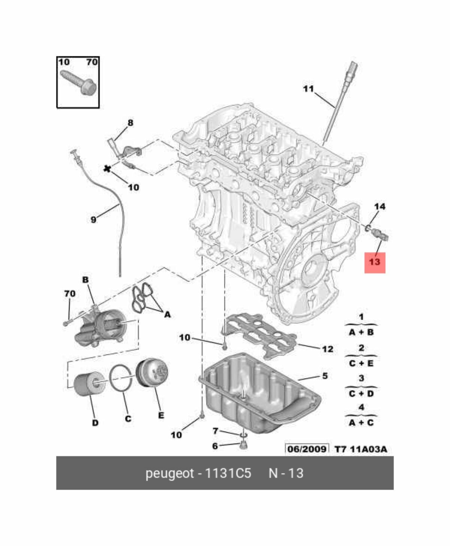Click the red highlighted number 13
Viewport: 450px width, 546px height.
tap(375, 262)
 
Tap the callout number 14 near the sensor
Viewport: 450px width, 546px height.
tap(379, 206)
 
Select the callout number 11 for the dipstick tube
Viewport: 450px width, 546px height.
tap(308, 89)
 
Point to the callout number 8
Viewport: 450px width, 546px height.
tap(130, 122)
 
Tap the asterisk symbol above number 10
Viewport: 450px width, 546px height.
tap(108, 169)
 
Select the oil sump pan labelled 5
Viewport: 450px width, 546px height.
tap(259, 397)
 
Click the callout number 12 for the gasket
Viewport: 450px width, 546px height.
tap(327, 349)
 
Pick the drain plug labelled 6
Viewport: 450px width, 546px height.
tap(243, 445)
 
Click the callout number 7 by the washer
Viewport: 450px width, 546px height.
tap(215, 431)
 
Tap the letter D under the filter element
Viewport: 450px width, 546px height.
tap(95, 423)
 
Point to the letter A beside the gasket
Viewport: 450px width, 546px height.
tap(167, 315)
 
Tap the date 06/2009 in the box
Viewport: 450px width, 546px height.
tap(307, 449)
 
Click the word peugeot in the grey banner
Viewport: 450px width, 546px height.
tap(169, 473)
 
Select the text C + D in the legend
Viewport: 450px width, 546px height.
tap(361, 394)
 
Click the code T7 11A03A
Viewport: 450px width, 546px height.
tap(360, 449)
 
